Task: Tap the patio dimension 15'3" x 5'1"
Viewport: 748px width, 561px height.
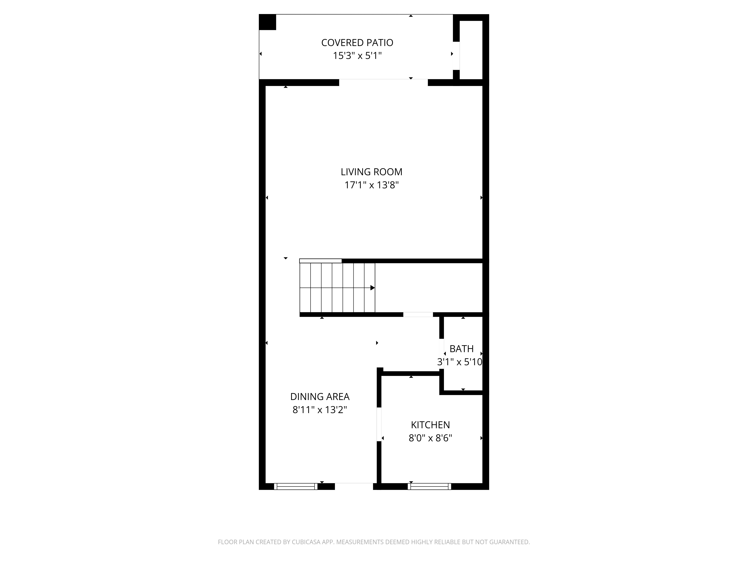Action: coord(357,56)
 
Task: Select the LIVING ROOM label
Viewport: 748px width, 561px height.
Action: coord(371,172)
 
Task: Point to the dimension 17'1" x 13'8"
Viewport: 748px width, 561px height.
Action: coord(371,185)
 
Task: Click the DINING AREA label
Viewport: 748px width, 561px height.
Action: coord(320,396)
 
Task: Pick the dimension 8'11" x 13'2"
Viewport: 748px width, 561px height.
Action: coord(320,410)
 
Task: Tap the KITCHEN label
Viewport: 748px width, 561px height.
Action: coord(430,425)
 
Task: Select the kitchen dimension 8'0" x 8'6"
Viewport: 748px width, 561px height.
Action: coord(430,438)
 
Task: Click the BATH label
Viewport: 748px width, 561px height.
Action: coord(461,349)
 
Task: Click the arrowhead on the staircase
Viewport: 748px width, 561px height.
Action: coord(372,288)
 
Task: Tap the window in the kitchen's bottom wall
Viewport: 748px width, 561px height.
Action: coord(429,486)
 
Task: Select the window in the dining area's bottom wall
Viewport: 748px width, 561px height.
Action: coord(295,486)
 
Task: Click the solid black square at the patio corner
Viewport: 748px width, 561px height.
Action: coord(267,22)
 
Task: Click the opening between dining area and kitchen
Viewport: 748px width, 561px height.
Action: coord(379,424)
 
